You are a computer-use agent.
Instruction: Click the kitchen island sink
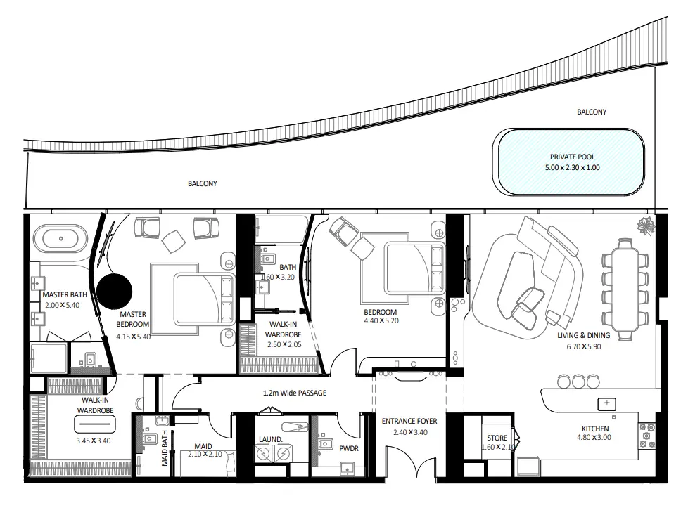(x=605, y=403)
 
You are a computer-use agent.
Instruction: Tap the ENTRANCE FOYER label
(x=409, y=422)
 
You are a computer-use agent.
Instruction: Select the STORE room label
(x=497, y=438)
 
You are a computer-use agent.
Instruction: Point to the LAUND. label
(x=270, y=441)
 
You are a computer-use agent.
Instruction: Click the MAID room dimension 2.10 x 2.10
(x=205, y=455)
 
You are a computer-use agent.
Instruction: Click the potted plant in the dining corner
(x=644, y=226)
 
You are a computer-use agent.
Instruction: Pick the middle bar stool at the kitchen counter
(x=578, y=382)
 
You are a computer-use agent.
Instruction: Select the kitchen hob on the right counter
(x=646, y=435)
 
